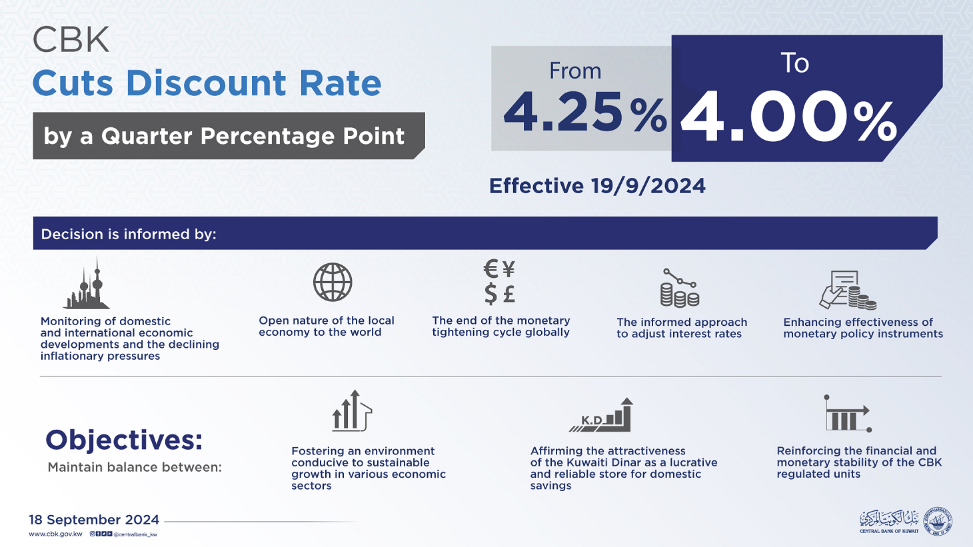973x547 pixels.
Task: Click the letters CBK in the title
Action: (71, 41)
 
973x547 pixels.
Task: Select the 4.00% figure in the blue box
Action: (788, 119)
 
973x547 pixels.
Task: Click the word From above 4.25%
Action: (574, 71)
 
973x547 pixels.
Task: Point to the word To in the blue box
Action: (794, 64)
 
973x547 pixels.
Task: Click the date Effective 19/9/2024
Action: (597, 186)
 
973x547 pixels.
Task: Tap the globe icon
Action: (333, 282)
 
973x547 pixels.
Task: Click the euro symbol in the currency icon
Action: (491, 269)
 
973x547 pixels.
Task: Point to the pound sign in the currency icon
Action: (509, 293)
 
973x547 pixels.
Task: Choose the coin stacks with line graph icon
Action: (679, 288)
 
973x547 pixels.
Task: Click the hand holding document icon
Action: (846, 290)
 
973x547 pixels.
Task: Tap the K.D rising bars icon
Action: (603, 416)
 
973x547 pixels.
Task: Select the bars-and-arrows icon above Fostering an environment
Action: (352, 411)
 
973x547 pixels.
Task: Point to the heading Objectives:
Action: (124, 440)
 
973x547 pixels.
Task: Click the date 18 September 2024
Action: (94, 520)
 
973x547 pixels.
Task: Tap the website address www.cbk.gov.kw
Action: (55, 534)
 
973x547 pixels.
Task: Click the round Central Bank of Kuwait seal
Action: (940, 521)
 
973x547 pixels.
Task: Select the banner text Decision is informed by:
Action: (129, 235)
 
